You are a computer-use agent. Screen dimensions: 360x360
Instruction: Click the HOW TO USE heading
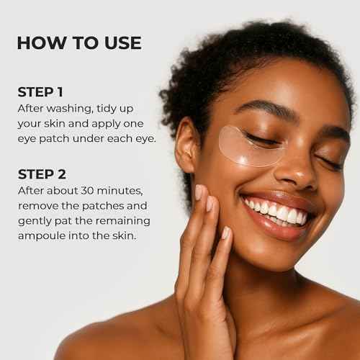click(x=79, y=42)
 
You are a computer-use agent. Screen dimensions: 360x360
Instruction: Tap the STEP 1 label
click(x=42, y=92)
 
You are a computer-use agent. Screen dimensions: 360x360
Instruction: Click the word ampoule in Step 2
click(x=44, y=235)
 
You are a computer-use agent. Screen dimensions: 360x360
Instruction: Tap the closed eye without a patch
click(x=330, y=163)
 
